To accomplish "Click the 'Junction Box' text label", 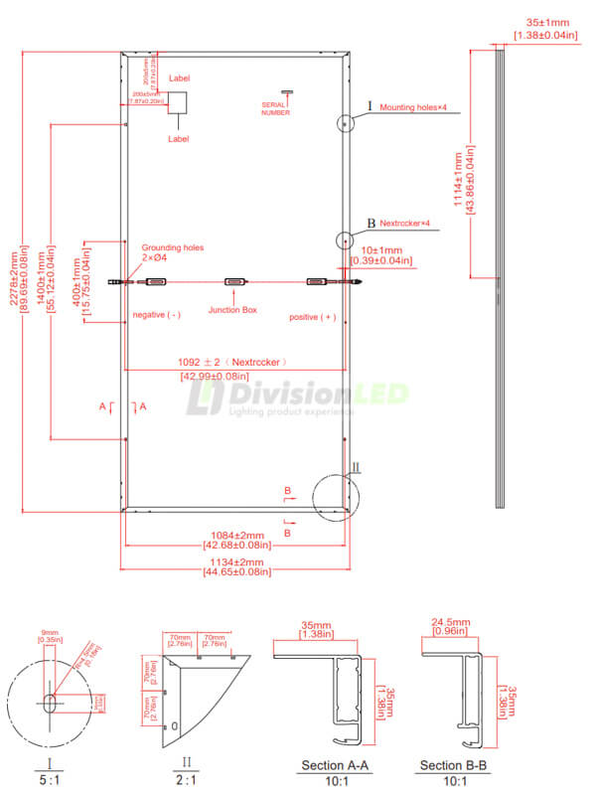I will coord(232,310).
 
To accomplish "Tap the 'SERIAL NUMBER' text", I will coord(275,108).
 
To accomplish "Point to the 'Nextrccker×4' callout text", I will coord(405,224).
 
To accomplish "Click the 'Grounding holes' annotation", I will coord(173,247).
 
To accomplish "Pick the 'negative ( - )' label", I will coord(156,315).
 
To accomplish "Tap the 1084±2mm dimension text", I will coord(234,535).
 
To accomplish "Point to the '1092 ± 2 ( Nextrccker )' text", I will coord(234,363).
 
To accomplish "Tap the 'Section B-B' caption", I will coord(453,766).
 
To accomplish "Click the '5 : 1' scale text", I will coord(49,781).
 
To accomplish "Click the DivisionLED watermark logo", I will coord(298,396).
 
